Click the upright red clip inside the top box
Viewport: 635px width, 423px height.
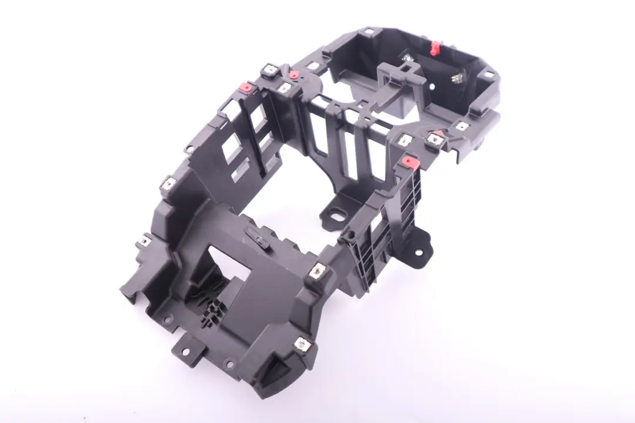(436, 48)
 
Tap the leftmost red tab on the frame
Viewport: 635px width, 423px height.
(246, 89)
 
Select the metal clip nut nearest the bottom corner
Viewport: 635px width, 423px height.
(303, 344)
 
